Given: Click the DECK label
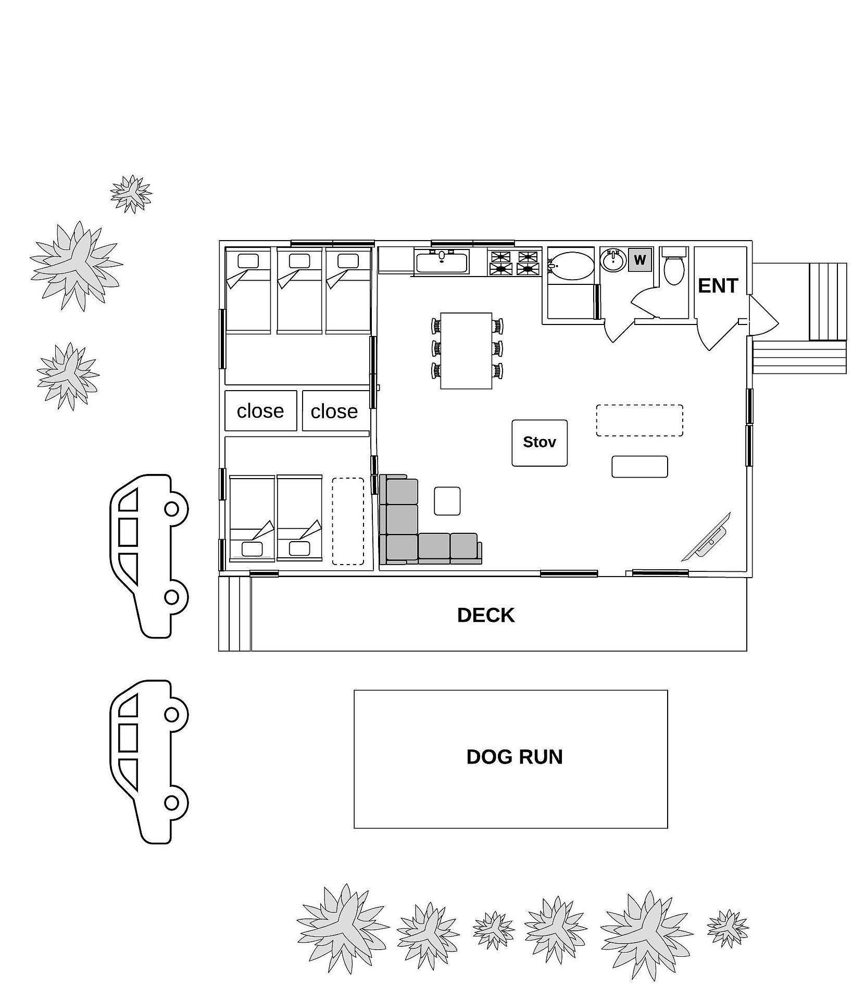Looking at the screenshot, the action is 485,615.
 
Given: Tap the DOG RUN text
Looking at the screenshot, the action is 515,757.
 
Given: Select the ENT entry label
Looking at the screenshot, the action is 718,285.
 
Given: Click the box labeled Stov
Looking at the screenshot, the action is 540,443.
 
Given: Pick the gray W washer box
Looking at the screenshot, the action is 640,260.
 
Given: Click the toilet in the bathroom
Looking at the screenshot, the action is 674,266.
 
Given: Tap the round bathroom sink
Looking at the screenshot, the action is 613,260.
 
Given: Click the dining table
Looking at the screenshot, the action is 466,351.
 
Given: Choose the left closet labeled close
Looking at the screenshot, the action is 261,411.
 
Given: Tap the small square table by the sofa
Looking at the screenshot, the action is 447,501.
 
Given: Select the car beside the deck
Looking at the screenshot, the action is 149,556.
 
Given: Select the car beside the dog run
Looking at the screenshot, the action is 149,761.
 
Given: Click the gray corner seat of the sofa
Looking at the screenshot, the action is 402,547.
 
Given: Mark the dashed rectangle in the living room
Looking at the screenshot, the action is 640,420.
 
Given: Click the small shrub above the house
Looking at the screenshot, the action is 131,194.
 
